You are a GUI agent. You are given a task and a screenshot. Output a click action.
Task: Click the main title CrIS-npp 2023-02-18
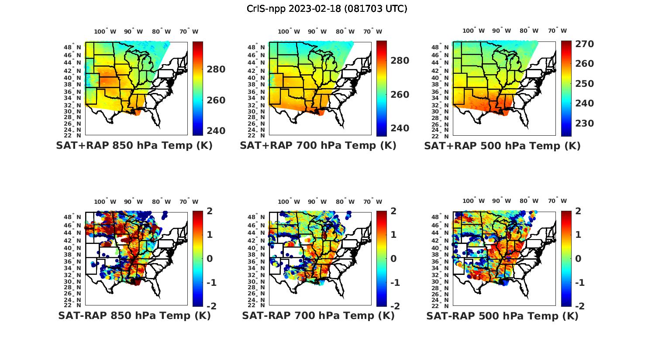coord(327,9)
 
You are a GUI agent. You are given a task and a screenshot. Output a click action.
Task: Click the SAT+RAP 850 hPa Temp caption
coord(134,146)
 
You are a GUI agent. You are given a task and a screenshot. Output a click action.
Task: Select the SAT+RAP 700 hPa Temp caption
coord(318,146)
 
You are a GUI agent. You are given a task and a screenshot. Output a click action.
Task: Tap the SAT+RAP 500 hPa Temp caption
coord(502,146)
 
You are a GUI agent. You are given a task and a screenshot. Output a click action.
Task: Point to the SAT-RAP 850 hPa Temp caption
coord(134,315)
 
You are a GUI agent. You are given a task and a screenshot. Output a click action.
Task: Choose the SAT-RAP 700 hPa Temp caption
coord(318,315)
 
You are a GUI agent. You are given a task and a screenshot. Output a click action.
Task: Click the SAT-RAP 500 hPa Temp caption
coord(502,315)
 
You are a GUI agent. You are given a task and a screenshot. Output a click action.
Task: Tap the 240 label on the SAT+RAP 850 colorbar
coord(215,131)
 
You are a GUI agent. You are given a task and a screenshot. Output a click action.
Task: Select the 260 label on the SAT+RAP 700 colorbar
coord(399,95)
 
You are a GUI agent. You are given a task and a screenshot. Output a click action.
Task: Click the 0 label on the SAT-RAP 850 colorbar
coord(210,259)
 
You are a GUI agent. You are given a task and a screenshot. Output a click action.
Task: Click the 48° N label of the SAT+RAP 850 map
coord(72,47)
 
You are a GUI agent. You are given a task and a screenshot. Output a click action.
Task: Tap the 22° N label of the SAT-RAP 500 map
coord(441,305)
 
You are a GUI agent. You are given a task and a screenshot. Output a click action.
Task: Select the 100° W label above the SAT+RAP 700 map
coord(289,31)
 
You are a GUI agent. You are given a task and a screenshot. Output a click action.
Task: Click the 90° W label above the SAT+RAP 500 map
coord(501,31)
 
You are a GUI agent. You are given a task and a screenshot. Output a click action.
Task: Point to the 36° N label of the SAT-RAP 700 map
coord(256,261)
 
